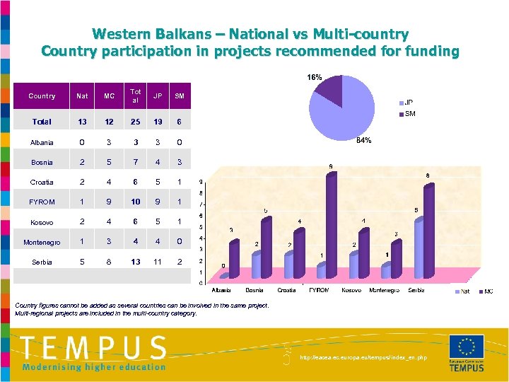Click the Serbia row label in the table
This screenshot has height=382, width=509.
(42, 262)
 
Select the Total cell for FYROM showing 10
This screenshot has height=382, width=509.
(136, 202)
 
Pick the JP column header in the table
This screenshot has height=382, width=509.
(158, 96)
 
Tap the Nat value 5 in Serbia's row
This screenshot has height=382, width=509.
(83, 262)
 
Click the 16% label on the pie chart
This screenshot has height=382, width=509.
(314, 77)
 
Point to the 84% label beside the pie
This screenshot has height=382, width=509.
(364, 141)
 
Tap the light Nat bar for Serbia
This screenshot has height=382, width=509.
(418, 248)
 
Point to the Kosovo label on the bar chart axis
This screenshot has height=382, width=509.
(351, 290)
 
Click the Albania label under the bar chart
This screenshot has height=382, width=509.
(221, 290)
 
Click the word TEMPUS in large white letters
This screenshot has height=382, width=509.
(93, 347)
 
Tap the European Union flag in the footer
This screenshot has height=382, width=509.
(467, 347)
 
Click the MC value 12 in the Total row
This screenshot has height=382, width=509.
(109, 122)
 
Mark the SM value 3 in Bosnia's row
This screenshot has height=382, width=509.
(180, 162)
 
